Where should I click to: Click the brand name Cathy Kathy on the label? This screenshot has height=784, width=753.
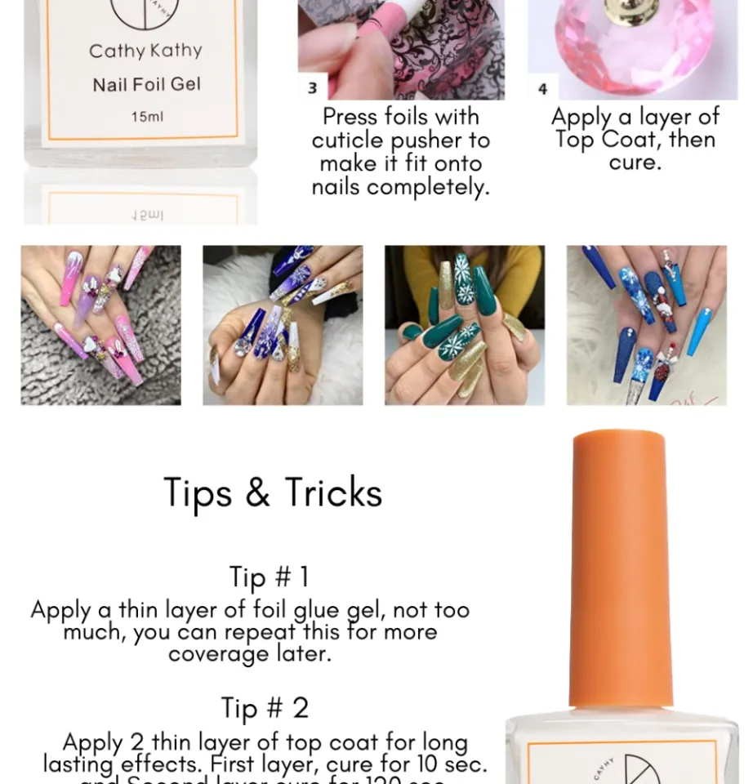(145, 51)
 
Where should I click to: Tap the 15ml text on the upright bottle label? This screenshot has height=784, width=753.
(147, 117)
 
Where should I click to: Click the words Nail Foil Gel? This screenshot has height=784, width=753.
(146, 84)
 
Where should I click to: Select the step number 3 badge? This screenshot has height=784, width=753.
(312, 87)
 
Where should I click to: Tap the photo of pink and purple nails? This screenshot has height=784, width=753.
(100, 325)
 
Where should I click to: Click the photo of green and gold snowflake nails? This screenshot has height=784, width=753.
(464, 325)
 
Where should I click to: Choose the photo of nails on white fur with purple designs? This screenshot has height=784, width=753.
(283, 325)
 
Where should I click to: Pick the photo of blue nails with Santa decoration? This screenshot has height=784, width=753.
(646, 325)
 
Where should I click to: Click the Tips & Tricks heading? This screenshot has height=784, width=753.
(273, 493)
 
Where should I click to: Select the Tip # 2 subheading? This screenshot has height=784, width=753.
(265, 708)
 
